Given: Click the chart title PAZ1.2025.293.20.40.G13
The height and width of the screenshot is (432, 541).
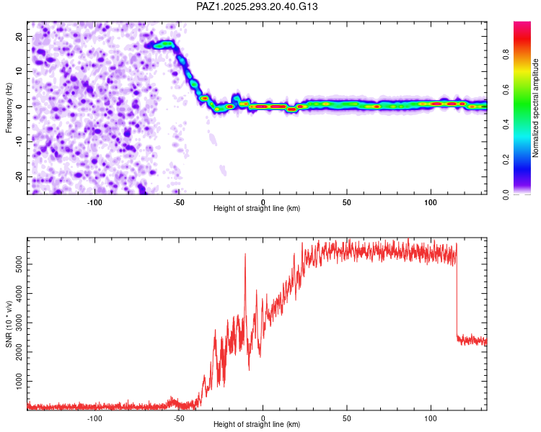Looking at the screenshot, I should (258, 6).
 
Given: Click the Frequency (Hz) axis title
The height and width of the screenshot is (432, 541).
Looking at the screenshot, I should (9, 108).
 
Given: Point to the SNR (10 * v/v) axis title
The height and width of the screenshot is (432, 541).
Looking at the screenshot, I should (9, 324).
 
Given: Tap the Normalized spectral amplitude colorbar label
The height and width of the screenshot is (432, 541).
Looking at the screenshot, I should (536, 108).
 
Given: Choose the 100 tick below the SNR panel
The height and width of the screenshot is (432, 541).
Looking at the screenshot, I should (431, 417).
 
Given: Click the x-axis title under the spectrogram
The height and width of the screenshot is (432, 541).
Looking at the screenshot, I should (258, 209).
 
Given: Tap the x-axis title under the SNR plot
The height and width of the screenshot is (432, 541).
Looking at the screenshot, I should (258, 425).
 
